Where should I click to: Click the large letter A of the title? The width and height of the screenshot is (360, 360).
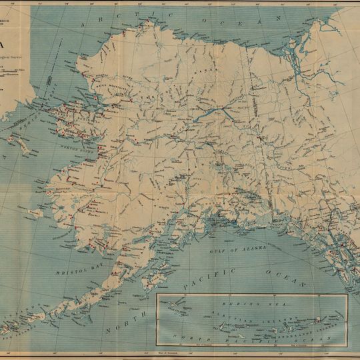5,45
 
